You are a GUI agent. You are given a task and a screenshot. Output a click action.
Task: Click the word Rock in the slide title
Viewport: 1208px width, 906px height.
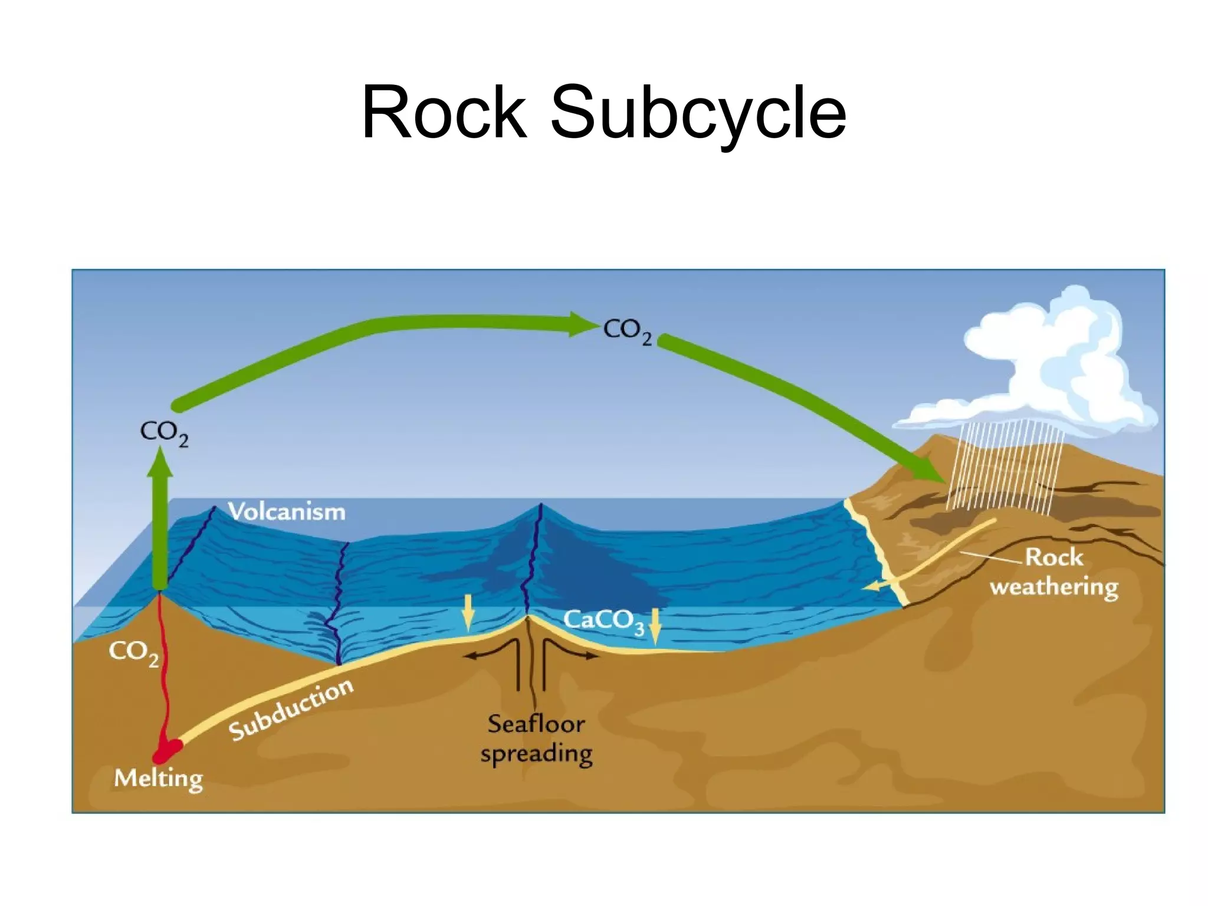(444, 112)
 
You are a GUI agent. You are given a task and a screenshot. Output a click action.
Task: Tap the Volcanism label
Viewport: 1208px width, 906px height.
(287, 511)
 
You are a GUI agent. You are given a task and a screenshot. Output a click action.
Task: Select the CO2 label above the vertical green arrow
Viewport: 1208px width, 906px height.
(164, 434)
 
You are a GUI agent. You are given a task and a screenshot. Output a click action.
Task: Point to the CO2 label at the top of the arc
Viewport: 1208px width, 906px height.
(627, 332)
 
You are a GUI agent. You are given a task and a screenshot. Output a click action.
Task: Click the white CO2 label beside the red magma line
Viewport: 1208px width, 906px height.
(133, 653)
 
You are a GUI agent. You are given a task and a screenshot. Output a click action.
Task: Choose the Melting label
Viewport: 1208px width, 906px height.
(158, 779)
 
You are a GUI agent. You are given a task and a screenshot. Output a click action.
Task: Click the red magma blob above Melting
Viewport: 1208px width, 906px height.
(166, 751)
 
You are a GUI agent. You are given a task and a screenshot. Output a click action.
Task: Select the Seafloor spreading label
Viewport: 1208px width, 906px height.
(536, 738)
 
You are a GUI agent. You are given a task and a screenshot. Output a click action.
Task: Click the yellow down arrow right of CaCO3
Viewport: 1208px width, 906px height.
(655, 626)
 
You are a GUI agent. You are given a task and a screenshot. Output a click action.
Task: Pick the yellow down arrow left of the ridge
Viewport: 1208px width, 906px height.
(468, 612)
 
